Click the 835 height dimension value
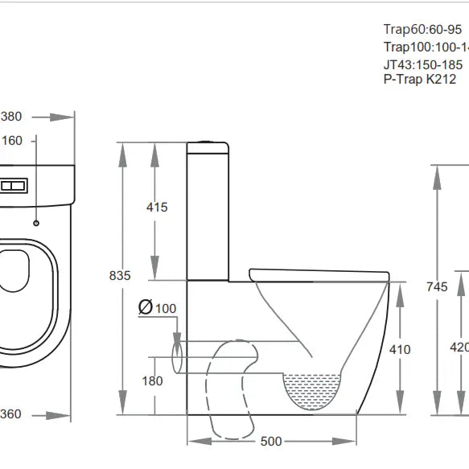point(120,275)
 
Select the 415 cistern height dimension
point(157,208)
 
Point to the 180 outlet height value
point(152,381)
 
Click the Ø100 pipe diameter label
point(157,307)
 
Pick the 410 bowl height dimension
point(400,349)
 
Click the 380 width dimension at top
point(11,117)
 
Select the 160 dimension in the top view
point(12,141)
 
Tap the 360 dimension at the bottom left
point(11,415)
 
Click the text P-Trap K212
point(419,79)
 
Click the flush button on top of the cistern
point(209,142)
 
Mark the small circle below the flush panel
point(37,221)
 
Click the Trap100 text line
point(425,47)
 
